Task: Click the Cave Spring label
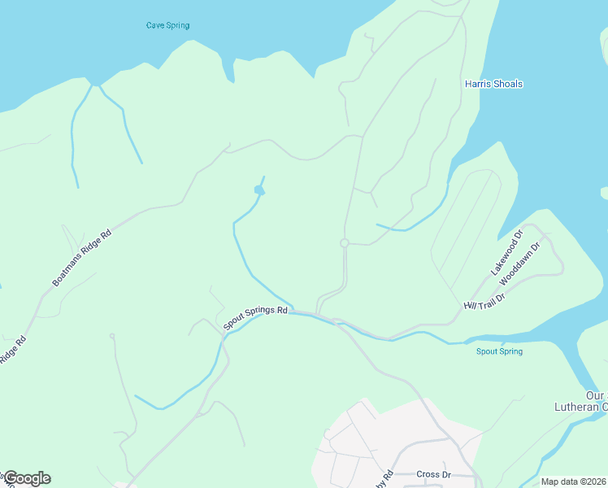[167, 25]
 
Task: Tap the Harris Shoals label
[493, 84]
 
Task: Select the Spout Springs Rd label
[256, 316]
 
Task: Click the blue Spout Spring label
[499, 351]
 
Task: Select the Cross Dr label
[433, 474]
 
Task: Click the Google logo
[26, 478]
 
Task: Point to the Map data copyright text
[573, 481]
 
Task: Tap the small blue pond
[259, 190]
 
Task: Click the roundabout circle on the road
[345, 243]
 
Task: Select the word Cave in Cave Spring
[155, 25]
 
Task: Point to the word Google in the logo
[26, 478]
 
